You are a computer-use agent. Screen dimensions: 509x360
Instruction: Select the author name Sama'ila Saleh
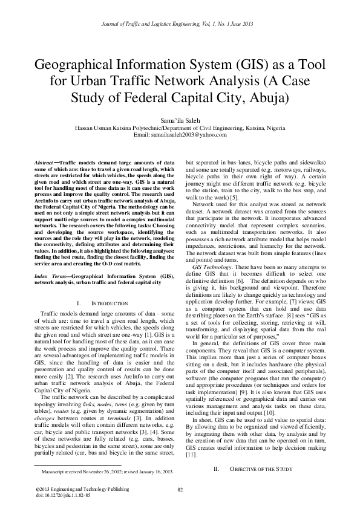180,121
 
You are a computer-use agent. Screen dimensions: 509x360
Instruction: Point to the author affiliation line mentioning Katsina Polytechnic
180,128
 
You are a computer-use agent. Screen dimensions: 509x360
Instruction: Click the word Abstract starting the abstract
42,163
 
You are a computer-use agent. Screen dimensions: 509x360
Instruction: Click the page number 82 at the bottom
180,489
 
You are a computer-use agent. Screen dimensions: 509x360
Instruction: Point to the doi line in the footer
64,494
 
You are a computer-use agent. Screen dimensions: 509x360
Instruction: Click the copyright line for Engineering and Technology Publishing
75,488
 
